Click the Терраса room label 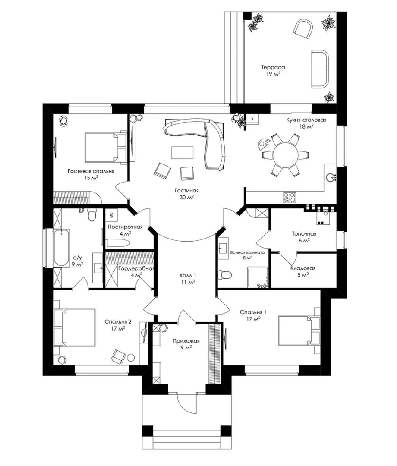tap(273, 67)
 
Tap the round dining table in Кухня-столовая tap(286, 155)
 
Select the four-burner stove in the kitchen tap(290, 197)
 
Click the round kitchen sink tap(330, 177)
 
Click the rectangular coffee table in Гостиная tap(182, 152)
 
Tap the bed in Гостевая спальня tap(106, 148)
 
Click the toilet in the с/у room tap(92, 214)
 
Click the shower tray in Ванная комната tap(258, 277)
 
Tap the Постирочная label tap(125, 227)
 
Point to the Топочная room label tap(304, 234)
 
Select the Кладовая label tap(303, 268)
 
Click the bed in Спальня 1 tap(299, 331)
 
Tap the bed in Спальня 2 tap(74, 327)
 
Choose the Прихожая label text tap(186, 341)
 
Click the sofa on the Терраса tap(320, 69)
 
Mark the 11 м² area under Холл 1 tap(188, 282)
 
